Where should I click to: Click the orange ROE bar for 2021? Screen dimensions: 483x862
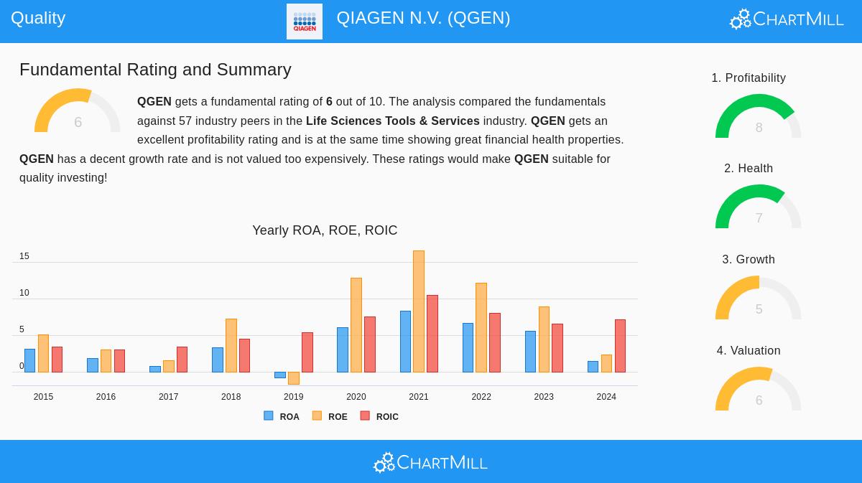(419, 311)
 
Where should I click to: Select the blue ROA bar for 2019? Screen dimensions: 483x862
(280, 375)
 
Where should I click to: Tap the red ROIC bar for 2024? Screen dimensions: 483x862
(620, 346)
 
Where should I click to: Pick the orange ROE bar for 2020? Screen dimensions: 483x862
(356, 325)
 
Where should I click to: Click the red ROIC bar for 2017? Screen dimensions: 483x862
(182, 360)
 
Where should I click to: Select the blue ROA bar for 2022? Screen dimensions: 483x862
(468, 347)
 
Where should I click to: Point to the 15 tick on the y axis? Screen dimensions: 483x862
(24, 256)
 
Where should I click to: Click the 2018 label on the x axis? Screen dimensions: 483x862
(231, 397)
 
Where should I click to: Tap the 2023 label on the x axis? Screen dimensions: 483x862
(544, 397)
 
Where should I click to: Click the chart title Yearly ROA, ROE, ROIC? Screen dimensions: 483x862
(325, 230)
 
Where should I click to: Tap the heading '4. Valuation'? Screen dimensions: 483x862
(749, 350)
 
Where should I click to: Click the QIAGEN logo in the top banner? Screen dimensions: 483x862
(305, 22)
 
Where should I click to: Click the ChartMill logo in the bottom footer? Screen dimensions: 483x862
(431, 462)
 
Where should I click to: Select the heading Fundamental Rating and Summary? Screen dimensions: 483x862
(155, 70)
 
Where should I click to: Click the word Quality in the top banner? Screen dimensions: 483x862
(38, 18)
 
